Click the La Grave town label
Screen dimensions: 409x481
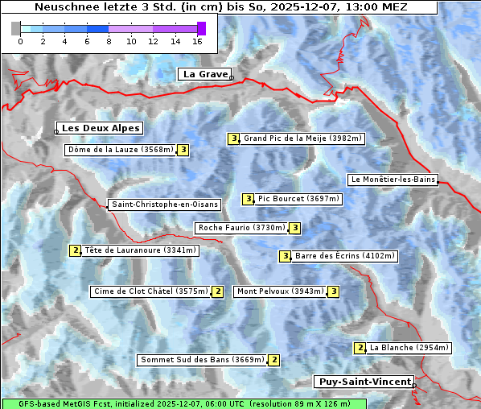[x=204, y=74]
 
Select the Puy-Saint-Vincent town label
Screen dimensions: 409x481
[x=364, y=382]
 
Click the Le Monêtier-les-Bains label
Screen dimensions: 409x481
[x=393, y=180]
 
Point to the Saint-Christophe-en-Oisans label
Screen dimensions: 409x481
[x=165, y=204]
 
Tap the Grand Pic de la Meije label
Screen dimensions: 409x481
[x=303, y=138]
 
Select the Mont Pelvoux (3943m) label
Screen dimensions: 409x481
[x=280, y=291]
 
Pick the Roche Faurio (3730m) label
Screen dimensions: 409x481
[x=242, y=228]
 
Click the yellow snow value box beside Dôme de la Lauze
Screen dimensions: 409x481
[x=183, y=150]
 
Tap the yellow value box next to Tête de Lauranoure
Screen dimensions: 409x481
[x=76, y=250]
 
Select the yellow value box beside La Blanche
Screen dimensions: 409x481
[x=360, y=348]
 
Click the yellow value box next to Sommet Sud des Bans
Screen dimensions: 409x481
[x=273, y=360]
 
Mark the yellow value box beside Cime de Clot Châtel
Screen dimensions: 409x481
[x=217, y=291]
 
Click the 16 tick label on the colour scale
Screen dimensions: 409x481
[x=197, y=41]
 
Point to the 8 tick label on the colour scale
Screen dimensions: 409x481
[x=109, y=41]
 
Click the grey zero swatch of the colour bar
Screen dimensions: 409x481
[x=16, y=28]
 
